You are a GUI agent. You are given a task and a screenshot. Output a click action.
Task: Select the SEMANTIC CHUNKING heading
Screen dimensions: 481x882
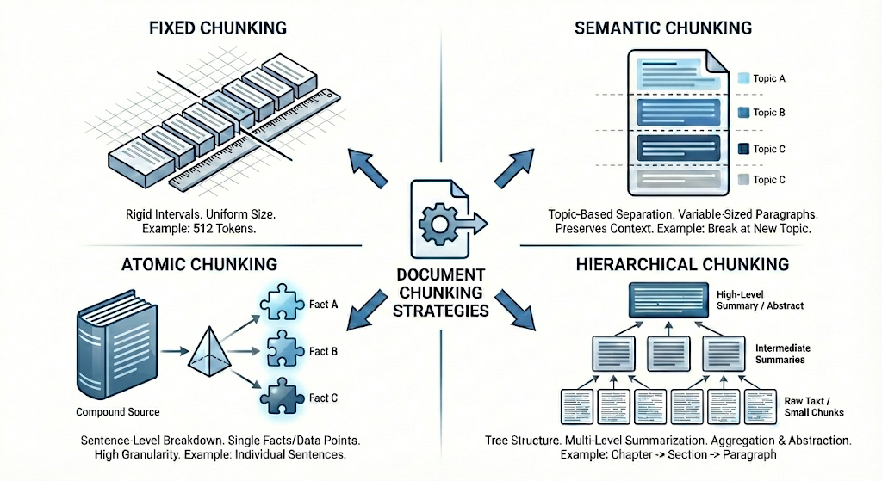click(662, 28)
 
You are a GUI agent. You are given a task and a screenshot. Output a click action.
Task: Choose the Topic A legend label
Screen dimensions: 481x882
click(768, 78)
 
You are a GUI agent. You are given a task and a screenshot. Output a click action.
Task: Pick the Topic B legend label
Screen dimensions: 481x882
click(768, 113)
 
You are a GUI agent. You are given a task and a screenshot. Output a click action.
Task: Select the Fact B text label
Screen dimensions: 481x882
click(319, 351)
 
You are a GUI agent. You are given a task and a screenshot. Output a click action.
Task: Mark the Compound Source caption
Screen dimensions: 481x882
click(119, 412)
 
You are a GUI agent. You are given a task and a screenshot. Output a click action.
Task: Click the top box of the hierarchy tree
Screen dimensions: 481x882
click(664, 300)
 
